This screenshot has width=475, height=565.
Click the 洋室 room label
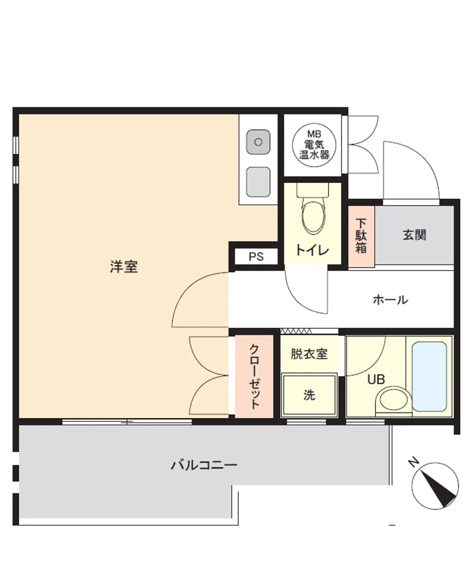[124, 267]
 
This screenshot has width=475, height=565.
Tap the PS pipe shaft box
[256, 257]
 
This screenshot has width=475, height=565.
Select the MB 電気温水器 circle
[314, 145]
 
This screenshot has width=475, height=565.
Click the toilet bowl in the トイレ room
[313, 218]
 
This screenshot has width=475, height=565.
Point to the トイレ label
[312, 250]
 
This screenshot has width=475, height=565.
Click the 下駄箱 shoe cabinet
[361, 236]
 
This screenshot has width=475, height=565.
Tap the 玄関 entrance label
[414, 235]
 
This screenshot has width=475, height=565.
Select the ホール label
[390, 299]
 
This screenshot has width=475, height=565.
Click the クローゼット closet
[254, 376]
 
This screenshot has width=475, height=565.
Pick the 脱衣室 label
[309, 354]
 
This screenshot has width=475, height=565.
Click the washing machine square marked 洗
[309, 395]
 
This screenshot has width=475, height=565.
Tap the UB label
[376, 379]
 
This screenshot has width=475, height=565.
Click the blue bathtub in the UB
[429, 376]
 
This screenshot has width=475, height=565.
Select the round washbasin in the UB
[393, 400]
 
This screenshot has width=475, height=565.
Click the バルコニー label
[204, 465]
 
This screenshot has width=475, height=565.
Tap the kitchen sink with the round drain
[258, 142]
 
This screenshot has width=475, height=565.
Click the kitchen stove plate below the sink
[258, 182]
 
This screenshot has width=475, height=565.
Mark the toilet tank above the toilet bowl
[313, 190]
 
